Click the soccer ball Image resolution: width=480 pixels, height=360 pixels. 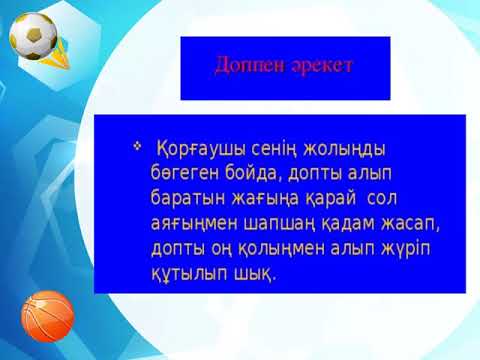click(33, 35)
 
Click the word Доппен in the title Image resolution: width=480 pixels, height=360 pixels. click(244, 65)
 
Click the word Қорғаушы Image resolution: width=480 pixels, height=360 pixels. click(191, 149)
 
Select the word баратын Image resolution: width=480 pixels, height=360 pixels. click(185, 198)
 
